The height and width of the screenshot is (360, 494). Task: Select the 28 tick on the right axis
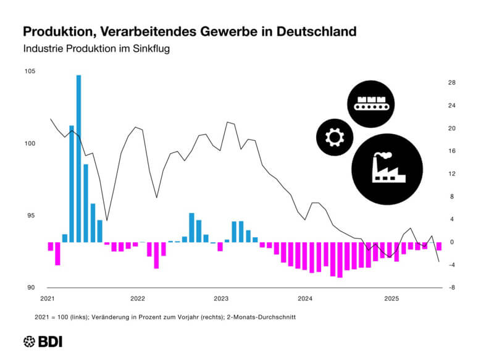point(452,83)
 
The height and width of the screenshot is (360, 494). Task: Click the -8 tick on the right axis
point(452,288)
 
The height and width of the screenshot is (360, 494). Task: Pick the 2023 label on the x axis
point(220,299)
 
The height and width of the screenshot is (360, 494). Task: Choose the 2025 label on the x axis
point(391,299)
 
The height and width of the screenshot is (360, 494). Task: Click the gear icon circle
point(335,136)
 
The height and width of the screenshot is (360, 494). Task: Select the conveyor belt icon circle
point(370,103)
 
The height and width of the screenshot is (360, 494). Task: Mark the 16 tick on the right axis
point(452,151)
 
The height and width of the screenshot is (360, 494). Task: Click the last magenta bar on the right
point(439,246)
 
